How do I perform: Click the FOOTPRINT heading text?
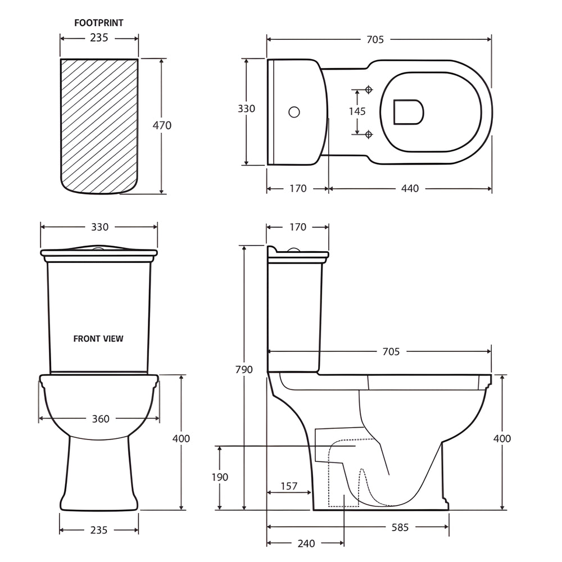tap(99, 23)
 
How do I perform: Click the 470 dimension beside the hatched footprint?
tap(162, 125)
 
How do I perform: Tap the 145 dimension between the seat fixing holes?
tap(357, 111)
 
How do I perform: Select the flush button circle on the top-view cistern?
tap(294, 112)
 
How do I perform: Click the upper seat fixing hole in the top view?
tap(369, 90)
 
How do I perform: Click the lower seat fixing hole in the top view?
tap(369, 134)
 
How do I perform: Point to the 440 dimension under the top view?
tap(410, 188)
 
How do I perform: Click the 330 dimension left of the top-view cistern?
tap(246, 108)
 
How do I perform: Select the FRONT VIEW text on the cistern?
tap(98, 338)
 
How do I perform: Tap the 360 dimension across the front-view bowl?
tap(100, 419)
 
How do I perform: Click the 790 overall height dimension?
tap(244, 369)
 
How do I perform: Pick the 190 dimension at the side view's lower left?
tap(220, 477)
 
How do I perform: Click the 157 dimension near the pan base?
tap(288, 486)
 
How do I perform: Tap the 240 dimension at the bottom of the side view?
tap(306, 543)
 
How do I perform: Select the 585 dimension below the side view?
tap(400, 527)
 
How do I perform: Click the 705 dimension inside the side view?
tap(391, 351)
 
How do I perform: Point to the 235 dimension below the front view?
tap(98, 530)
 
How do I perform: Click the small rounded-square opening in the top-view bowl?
tap(408, 112)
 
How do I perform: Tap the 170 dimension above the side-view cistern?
tap(298, 227)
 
